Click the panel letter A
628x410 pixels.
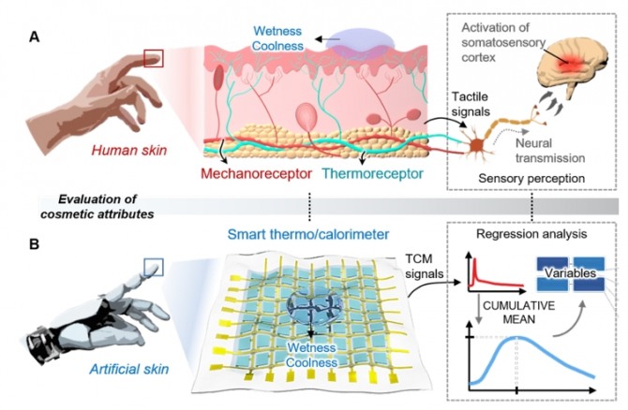coord(35,37)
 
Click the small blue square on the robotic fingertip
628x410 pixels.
coord(154,267)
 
